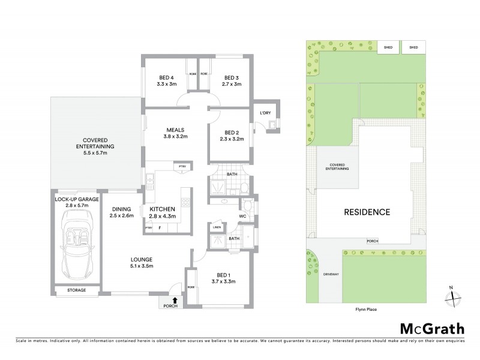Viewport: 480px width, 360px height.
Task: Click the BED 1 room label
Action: [x=222, y=277]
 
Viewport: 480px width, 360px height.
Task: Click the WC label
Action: [x=242, y=217]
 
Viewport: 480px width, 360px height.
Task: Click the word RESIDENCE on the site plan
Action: [x=367, y=212]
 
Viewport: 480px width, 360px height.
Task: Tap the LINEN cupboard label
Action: [x=217, y=227]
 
